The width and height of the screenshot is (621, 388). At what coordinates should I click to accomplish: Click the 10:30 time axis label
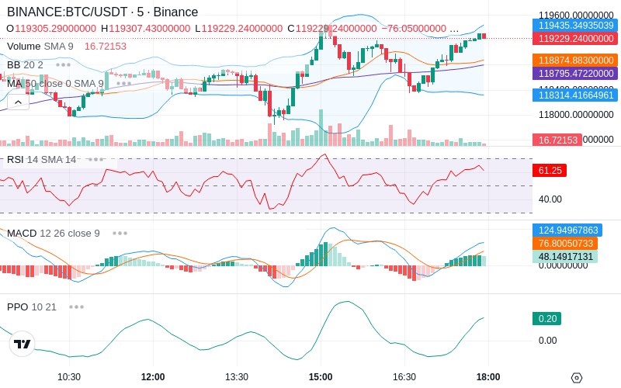[69, 376]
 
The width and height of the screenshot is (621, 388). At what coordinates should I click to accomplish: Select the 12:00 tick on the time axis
[153, 376]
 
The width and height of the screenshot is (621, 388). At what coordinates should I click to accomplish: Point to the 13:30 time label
[237, 376]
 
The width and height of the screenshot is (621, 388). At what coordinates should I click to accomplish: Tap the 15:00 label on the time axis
[321, 376]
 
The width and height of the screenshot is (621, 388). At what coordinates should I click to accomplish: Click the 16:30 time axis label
[404, 376]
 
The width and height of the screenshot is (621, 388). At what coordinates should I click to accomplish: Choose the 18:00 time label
[487, 376]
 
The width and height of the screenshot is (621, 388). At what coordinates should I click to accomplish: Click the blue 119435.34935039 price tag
[575, 25]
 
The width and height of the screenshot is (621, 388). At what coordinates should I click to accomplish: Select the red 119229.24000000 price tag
[575, 38]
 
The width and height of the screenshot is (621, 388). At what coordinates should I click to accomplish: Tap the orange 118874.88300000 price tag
[575, 60]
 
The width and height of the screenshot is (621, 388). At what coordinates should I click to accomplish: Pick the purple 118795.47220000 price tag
[575, 73]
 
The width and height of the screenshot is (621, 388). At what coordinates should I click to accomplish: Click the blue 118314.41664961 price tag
[575, 95]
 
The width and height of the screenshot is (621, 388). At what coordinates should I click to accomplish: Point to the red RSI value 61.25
[550, 170]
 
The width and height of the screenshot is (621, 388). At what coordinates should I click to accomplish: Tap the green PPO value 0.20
[546, 318]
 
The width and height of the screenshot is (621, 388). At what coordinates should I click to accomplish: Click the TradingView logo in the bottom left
[23, 344]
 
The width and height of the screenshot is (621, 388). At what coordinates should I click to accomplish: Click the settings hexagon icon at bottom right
[576, 378]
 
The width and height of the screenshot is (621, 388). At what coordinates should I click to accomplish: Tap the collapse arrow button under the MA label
[18, 101]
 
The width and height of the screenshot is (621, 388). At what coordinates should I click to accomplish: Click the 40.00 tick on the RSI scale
[550, 199]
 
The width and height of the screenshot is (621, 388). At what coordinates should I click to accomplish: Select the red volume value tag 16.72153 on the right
[556, 140]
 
